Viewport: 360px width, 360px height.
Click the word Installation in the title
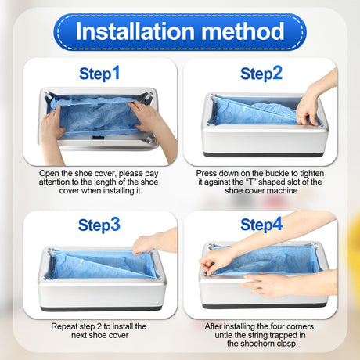coord(135,31)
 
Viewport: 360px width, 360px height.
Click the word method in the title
coord(243,31)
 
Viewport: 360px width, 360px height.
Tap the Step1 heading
coord(99,74)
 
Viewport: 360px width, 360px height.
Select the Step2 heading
coord(261,74)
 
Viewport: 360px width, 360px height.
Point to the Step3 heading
coord(99,225)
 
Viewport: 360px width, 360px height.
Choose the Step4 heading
coord(261,225)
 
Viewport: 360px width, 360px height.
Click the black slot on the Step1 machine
coord(99,137)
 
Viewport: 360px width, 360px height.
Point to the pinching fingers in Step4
coord(212,264)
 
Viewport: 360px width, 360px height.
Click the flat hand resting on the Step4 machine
coord(264,285)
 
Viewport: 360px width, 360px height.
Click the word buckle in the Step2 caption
coord(275,173)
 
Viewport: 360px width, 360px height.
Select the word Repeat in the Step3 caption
coord(63,326)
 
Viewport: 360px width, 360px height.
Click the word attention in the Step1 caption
coord(54,182)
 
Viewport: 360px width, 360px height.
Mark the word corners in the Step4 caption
coord(301,326)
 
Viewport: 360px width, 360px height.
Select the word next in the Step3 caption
coord(79,335)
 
